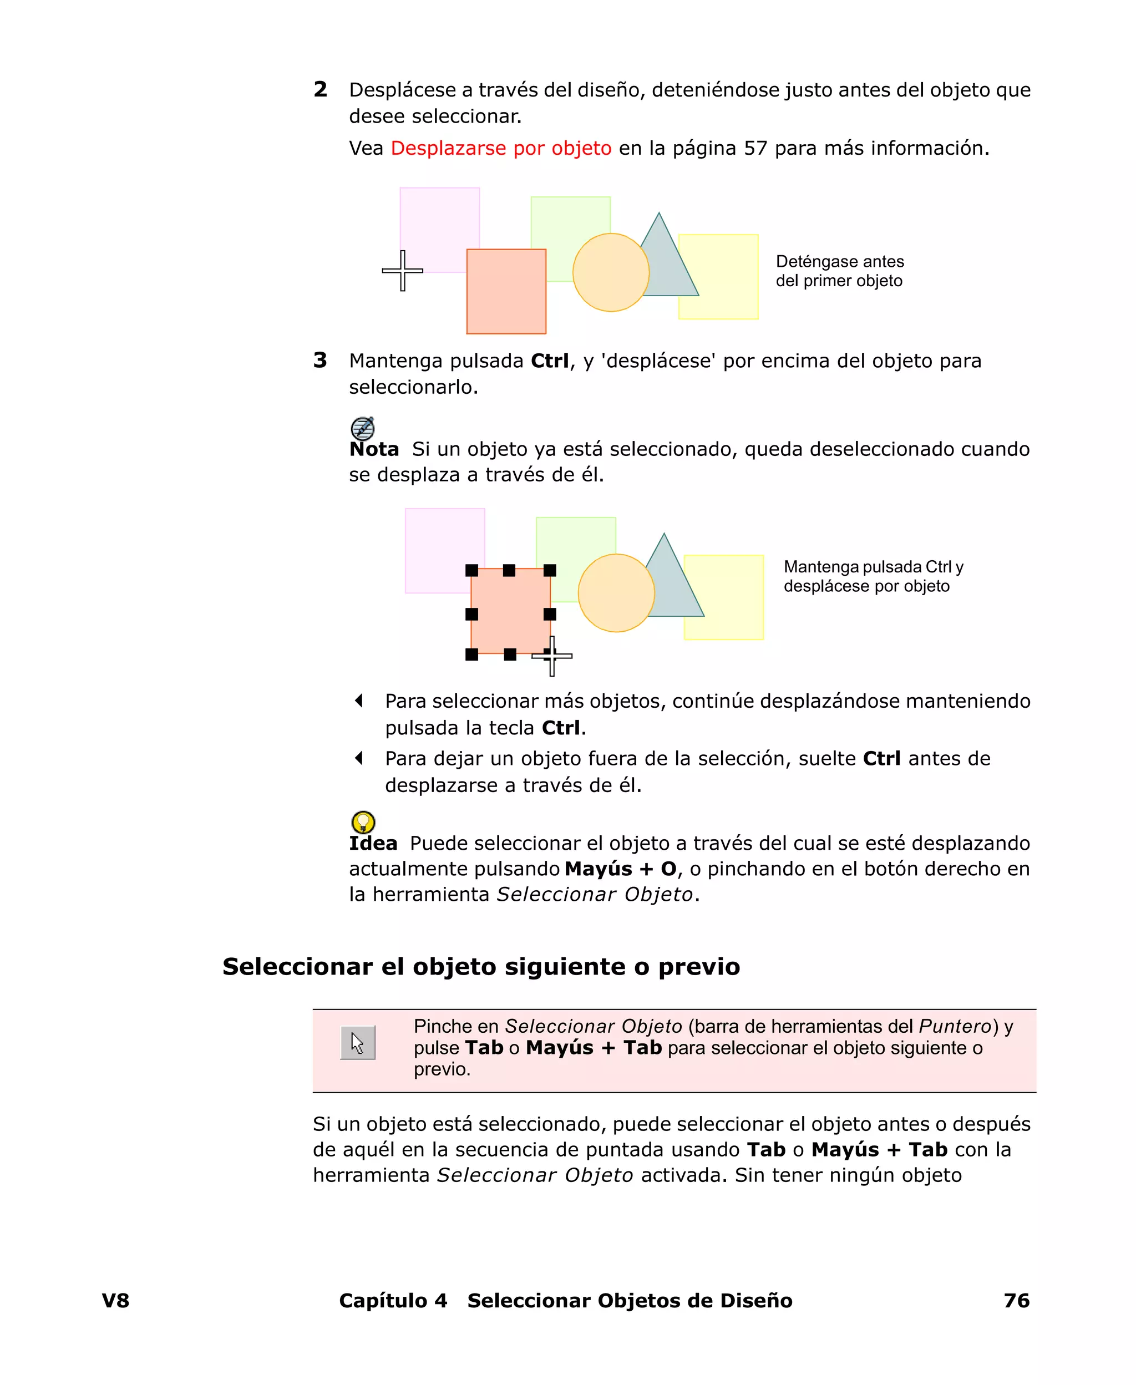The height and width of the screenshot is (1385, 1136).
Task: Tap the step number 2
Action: (x=320, y=90)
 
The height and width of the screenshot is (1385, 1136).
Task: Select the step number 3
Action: (x=320, y=361)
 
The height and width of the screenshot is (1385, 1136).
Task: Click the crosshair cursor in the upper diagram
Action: (x=403, y=270)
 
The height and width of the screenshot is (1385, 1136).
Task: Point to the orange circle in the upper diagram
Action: (x=610, y=272)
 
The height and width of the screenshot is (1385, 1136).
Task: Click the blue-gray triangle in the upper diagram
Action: (x=667, y=262)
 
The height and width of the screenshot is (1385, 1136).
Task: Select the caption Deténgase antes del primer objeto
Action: (x=840, y=271)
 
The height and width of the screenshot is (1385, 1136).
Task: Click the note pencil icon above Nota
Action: (x=363, y=429)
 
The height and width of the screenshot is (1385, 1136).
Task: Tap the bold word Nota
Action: (x=374, y=449)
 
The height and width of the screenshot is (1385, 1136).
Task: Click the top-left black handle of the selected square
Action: (x=471, y=570)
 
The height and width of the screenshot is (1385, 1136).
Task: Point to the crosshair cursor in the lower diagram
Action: (x=552, y=656)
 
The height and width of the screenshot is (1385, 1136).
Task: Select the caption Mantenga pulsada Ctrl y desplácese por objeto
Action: (x=873, y=576)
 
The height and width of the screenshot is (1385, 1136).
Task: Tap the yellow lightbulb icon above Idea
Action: (x=363, y=821)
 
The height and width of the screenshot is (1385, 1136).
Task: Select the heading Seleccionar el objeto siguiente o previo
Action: (x=481, y=966)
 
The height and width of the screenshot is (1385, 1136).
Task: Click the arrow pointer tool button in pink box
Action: (x=357, y=1042)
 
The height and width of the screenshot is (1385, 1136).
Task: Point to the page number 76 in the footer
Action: (x=1016, y=1301)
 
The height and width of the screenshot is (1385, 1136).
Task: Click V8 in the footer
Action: (x=116, y=1301)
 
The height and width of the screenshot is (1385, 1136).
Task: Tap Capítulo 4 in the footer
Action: (x=393, y=1301)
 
